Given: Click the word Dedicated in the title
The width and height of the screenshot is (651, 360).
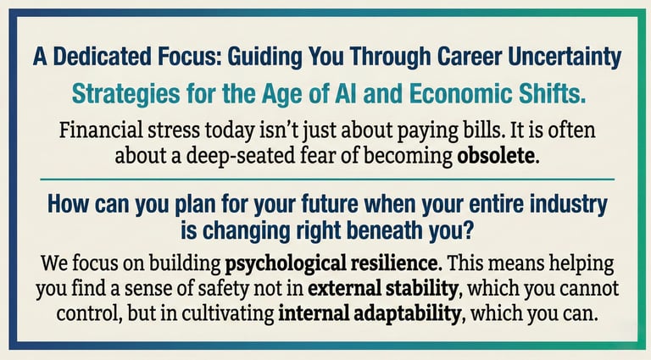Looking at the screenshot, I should click(102, 58).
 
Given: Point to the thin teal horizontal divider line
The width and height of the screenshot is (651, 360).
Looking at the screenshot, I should click(325, 180).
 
